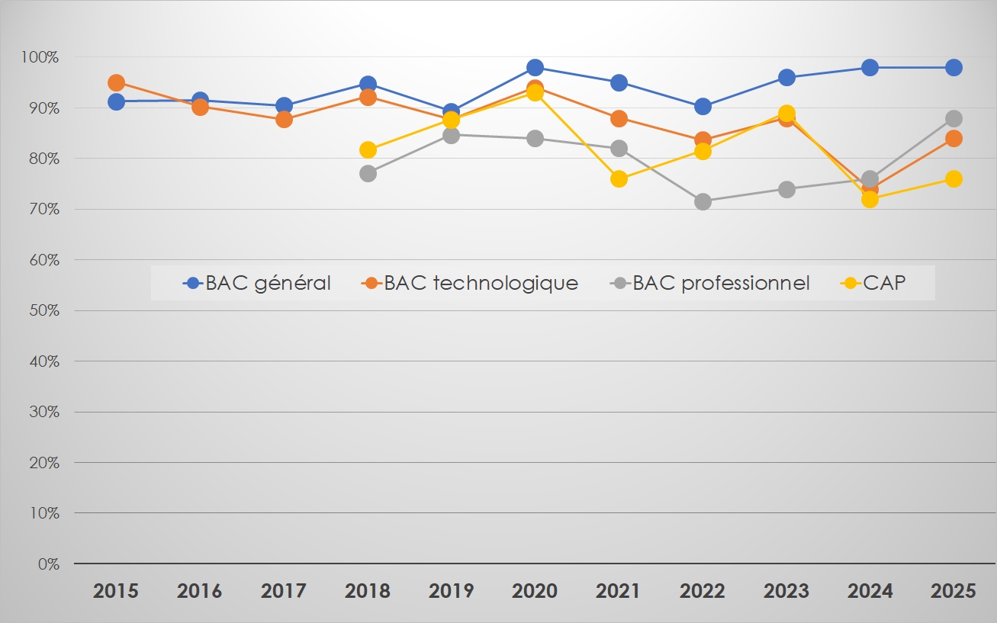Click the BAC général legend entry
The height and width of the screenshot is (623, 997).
point(258,283)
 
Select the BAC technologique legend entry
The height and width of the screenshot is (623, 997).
point(470,283)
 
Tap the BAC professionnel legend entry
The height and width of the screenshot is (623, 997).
point(711,283)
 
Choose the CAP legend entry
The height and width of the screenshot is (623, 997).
point(874,283)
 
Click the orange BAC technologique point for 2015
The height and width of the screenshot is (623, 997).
point(116,82)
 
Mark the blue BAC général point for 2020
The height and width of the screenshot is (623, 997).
point(535,67)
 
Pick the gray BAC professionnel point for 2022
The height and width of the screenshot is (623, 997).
point(703,201)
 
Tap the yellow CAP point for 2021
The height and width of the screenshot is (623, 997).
point(619,179)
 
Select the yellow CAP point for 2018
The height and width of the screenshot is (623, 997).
point(368,149)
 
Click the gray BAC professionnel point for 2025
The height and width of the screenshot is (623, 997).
point(954,118)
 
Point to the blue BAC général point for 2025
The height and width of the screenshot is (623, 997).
point(954,67)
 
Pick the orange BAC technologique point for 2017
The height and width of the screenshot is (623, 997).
point(284,119)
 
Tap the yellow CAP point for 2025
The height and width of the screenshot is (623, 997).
point(954,178)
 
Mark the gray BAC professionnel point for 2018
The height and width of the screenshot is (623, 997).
point(368,173)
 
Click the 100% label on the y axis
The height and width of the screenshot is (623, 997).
point(40,57)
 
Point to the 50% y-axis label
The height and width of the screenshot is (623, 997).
point(43,310)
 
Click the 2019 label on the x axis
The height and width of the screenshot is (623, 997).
point(451,591)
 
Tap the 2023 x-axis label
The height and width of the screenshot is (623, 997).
point(786,591)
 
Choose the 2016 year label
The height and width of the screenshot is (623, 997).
point(200,591)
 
